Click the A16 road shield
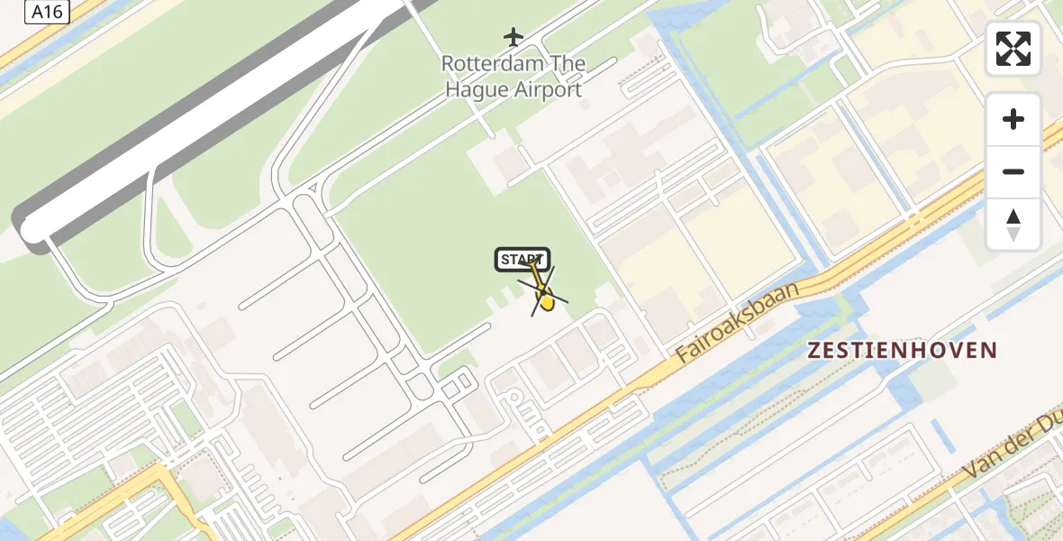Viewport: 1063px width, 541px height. (49, 12)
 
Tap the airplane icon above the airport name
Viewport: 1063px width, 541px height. (513, 37)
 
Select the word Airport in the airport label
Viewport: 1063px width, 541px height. (549, 89)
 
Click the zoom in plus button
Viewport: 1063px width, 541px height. (1013, 119)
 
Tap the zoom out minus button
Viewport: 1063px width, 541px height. (1013, 171)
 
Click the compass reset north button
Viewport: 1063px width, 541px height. (1013, 224)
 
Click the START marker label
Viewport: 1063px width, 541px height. (522, 260)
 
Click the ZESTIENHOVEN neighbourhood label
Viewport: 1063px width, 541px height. (903, 351)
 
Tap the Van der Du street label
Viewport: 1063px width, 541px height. (1013, 456)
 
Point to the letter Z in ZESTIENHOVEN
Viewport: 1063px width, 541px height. (815, 351)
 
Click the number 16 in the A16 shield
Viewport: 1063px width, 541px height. (57, 12)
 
